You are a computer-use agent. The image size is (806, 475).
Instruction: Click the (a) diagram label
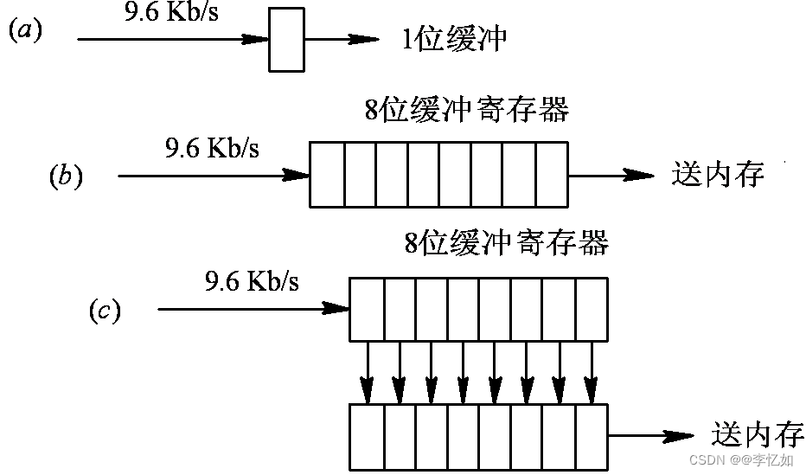pyautogui.click(x=25, y=31)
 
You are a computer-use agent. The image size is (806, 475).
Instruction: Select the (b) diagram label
pyautogui.click(x=66, y=177)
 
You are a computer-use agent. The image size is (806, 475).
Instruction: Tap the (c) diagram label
pyautogui.click(x=105, y=311)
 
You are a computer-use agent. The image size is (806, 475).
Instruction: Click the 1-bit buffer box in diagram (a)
pyautogui.click(x=285, y=39)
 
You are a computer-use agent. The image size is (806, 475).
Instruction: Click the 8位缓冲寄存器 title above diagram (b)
pyautogui.click(x=467, y=111)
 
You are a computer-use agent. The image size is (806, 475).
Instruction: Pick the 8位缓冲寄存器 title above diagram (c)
pyautogui.click(x=507, y=242)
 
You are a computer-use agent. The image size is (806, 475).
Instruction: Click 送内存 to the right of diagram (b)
pyautogui.click(x=718, y=174)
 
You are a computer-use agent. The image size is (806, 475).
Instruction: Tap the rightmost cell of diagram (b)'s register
pyautogui.click(x=552, y=176)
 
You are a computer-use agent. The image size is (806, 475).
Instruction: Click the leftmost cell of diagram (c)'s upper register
pyautogui.click(x=367, y=309)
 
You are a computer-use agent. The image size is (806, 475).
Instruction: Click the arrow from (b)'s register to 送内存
pyautogui.click(x=611, y=175)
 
